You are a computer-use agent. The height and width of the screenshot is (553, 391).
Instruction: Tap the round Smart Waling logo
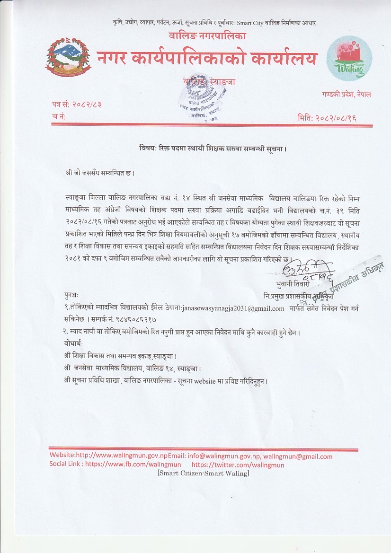click(349, 59)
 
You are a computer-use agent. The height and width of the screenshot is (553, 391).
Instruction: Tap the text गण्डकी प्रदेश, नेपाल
click(348, 94)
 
